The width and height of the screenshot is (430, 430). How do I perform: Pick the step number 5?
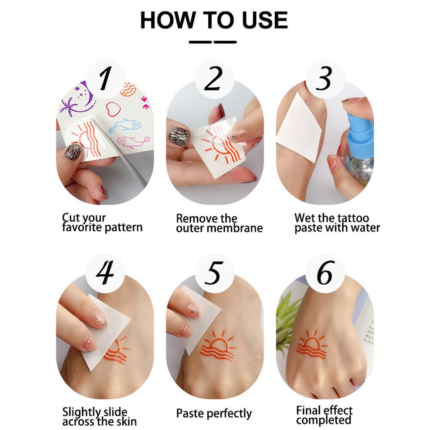pos(214,273)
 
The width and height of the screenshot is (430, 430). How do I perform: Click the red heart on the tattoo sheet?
pos(113,109)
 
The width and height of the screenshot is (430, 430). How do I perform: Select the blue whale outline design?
pos(124,125)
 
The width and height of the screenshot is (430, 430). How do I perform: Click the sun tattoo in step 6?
pos(311,344)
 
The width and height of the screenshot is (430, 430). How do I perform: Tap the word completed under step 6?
pos(324,420)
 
